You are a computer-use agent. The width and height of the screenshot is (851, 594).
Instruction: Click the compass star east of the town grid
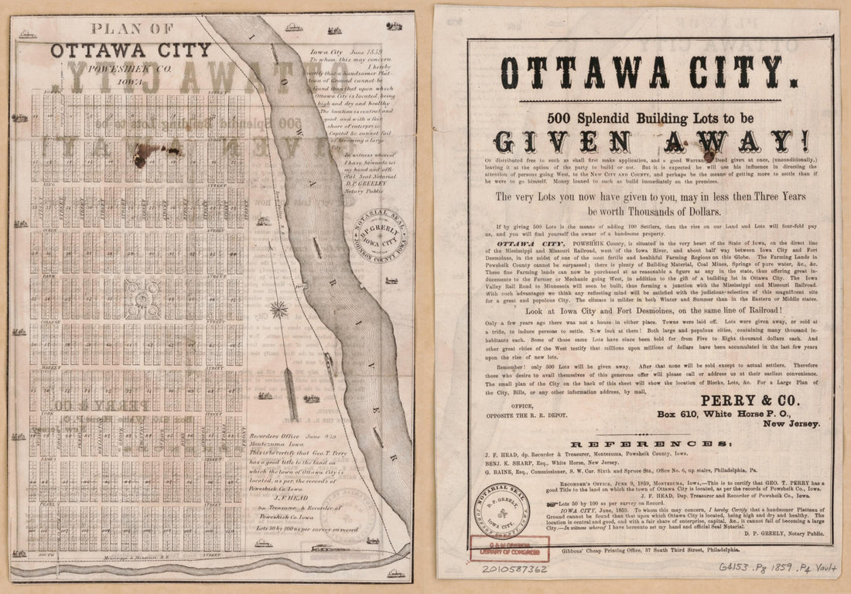point(279,309)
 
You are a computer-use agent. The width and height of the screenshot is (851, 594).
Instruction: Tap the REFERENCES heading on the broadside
point(648,444)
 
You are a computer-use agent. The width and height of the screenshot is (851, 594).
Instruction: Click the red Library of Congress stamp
point(500,548)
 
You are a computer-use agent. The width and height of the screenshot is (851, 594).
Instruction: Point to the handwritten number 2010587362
point(514,569)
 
